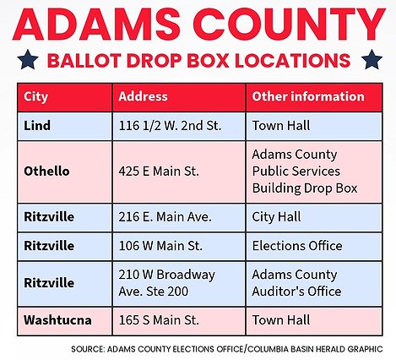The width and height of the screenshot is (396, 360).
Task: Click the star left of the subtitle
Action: point(28,59)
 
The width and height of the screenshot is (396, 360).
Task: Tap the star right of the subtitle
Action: point(372,59)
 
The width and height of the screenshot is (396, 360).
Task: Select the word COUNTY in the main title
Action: point(290,25)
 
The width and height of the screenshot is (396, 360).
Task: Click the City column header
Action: point(35,97)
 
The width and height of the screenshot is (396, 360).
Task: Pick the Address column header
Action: point(143,96)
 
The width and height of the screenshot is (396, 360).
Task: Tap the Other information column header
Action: point(308,96)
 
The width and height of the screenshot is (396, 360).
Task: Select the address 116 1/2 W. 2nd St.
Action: point(170,126)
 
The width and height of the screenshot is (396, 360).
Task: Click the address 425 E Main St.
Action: point(159,172)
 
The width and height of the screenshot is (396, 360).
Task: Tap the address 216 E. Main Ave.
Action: point(165,217)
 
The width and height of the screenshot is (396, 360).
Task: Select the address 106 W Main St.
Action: point(160,246)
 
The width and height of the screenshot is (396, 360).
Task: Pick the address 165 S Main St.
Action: point(159,320)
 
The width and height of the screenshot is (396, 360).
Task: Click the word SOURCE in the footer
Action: point(88,349)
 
